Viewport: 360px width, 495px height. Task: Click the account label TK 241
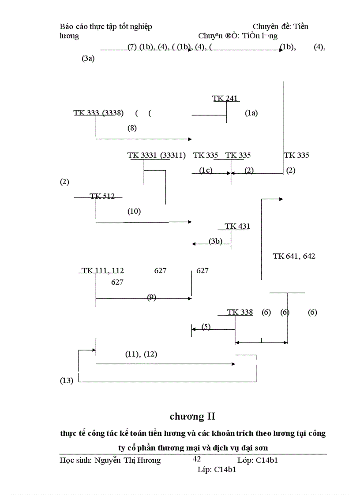click(226, 98)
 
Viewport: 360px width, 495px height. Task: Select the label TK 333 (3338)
click(98, 113)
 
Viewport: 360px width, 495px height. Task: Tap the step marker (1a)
click(251, 113)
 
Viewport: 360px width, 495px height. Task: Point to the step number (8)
click(132, 128)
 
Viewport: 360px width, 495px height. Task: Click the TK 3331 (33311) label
click(156, 155)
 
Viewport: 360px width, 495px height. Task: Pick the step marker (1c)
click(205, 171)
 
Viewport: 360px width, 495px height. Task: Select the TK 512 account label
click(102, 196)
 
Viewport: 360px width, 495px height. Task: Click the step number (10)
click(134, 211)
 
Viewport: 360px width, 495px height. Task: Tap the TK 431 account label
click(237, 226)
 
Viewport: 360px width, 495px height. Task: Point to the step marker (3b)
click(215, 241)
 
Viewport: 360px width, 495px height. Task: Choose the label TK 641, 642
click(294, 256)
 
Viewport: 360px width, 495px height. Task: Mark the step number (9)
click(151, 297)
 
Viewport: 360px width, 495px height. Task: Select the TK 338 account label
click(240, 312)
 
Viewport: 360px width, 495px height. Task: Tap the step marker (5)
click(206, 327)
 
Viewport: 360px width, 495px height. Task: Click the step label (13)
click(66, 381)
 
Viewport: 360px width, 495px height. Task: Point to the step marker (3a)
click(88, 59)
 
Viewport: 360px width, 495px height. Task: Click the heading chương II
click(192, 416)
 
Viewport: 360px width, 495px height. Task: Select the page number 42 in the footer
click(197, 459)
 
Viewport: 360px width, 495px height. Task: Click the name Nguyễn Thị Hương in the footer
click(127, 461)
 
